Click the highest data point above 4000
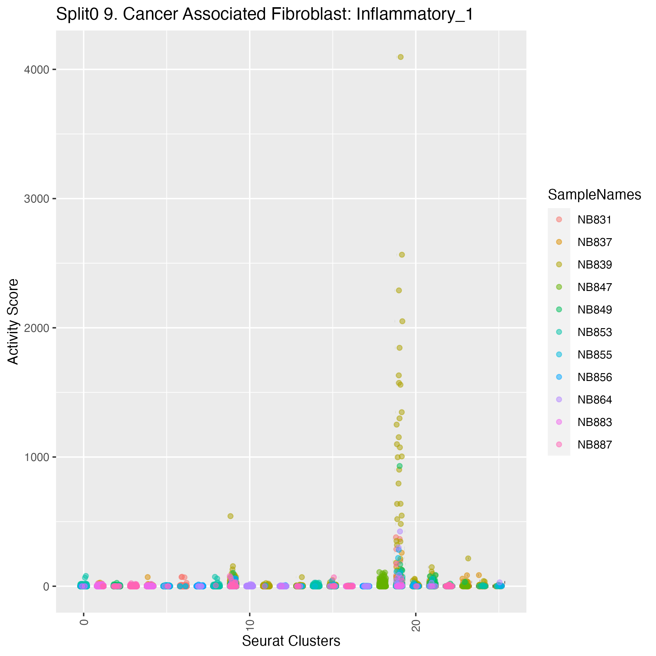[x=400, y=57]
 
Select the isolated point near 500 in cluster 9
[x=230, y=516]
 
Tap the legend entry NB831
[x=594, y=220]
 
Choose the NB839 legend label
[x=594, y=265]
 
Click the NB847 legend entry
[x=594, y=287]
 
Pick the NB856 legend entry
[x=594, y=377]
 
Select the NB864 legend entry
[x=594, y=400]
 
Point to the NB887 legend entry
[x=594, y=445]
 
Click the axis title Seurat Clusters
[x=291, y=641]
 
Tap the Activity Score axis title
[x=13, y=321]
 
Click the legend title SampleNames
[x=594, y=195]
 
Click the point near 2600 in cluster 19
[x=401, y=255]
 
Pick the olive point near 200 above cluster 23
[x=468, y=558]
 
